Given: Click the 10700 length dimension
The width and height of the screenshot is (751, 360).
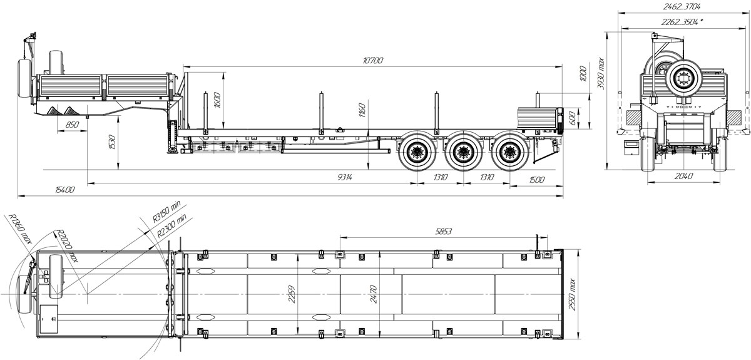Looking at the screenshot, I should tap(372, 60).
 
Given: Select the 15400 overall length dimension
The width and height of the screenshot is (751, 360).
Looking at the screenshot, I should tap(62, 190).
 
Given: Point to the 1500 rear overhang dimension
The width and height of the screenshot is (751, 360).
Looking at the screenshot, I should tap(536, 179).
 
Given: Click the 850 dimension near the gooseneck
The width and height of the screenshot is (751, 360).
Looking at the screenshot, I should tap(72, 125).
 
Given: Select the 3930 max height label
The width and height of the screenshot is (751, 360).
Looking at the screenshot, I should tap(601, 74).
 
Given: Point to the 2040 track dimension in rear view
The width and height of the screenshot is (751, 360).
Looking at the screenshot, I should tap(683, 176).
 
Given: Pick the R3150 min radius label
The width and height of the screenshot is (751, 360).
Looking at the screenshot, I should tap(166, 212).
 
